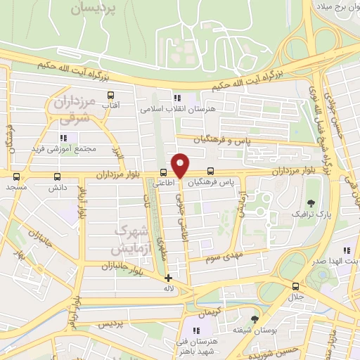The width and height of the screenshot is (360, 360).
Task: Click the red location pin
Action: coord(181,165)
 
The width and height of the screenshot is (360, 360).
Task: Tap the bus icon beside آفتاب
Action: coord(110,95)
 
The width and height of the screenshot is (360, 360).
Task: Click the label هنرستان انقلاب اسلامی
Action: coord(169,109)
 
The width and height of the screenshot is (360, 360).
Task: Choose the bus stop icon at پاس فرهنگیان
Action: coord(212,172)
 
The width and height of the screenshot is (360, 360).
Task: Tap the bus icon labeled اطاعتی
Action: coord(164,172)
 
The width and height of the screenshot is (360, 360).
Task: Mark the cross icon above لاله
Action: coord(168,278)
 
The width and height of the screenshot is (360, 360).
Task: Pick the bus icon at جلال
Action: coord(295,286)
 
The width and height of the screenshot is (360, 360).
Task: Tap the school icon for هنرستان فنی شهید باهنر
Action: coord(198,330)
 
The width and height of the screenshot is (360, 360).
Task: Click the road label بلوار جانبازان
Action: coord(103,266)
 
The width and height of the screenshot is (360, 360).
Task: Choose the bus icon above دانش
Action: coord(57,177)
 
